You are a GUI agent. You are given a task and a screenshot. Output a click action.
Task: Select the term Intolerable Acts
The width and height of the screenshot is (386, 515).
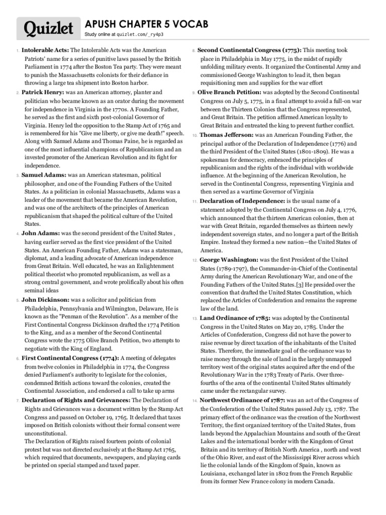pyautogui.click(x=45, y=51)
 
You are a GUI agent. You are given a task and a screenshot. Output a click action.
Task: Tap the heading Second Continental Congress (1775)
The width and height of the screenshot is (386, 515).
pyautogui.click(x=249, y=51)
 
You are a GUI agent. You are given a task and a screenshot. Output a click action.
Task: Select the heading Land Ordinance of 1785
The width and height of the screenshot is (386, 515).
pyautogui.click(x=235, y=318)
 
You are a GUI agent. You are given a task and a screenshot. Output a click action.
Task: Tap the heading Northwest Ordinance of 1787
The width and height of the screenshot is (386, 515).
pyautogui.click(x=242, y=400)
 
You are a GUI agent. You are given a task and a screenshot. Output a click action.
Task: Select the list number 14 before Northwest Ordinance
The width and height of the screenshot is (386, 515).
pyautogui.click(x=195, y=401)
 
